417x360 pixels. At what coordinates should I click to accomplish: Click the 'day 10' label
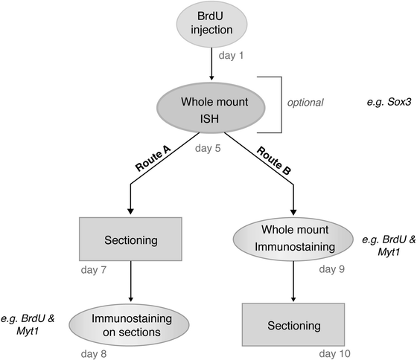coord(333,354)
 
